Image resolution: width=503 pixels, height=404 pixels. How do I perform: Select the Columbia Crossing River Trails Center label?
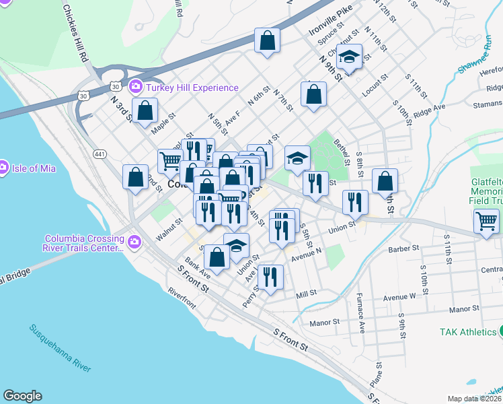click(84, 243)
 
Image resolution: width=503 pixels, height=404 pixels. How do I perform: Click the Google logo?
click(22, 396)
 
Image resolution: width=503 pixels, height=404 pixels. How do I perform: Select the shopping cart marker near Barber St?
click(486, 220)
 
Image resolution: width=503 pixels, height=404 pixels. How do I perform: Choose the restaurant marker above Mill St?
click(270, 277)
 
